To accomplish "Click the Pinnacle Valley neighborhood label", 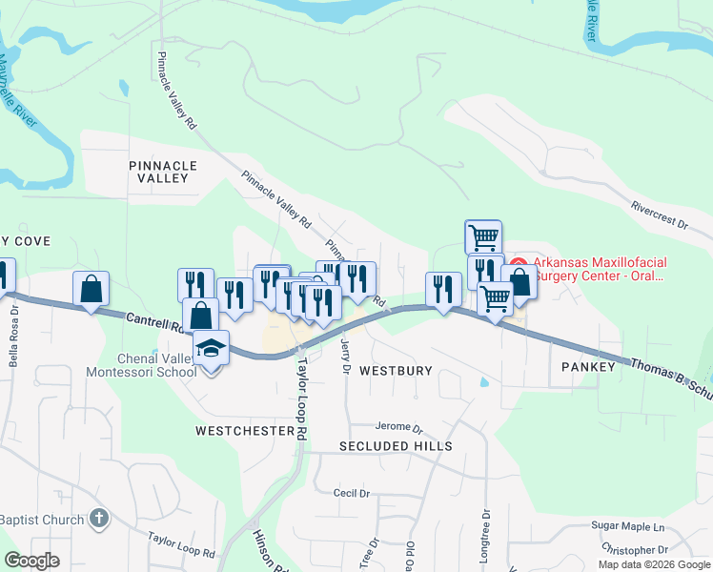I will [x=163, y=172].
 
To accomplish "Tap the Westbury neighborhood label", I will [x=396, y=370].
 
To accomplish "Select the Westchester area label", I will [x=245, y=431].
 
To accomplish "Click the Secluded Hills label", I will [x=396, y=446].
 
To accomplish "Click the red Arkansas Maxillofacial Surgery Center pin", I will [x=519, y=263].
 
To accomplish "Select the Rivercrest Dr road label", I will [x=659, y=213].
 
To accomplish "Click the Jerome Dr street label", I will [x=398, y=427].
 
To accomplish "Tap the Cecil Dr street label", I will [x=351, y=493].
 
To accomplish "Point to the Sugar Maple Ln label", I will [x=627, y=526].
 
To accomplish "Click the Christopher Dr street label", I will [x=635, y=550].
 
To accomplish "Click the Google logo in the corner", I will [x=31, y=561].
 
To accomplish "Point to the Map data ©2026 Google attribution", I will [x=654, y=564].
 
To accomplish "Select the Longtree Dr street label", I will [x=485, y=535].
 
